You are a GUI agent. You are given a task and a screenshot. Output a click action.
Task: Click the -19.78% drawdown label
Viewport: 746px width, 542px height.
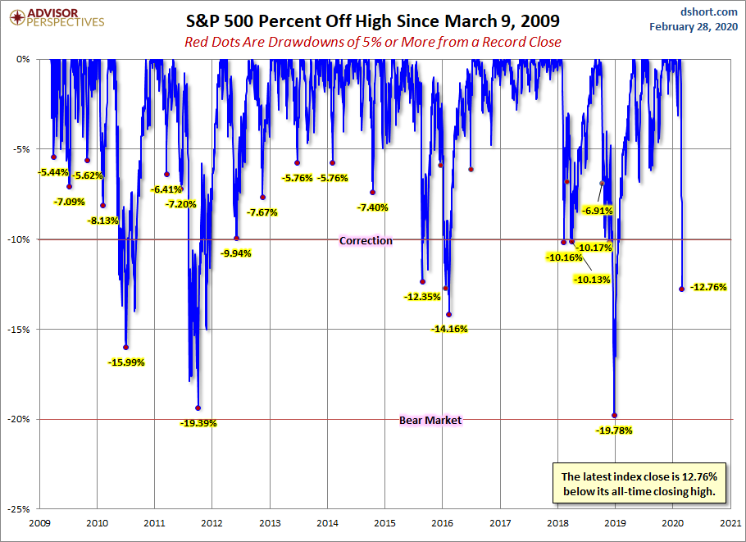[x=616, y=430]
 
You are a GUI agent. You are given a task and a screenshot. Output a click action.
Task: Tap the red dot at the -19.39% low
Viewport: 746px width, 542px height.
[x=198, y=408]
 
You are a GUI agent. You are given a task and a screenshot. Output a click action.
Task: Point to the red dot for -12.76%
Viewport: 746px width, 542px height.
[x=682, y=289]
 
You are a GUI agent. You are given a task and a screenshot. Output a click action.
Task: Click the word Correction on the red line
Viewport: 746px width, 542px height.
[x=366, y=240]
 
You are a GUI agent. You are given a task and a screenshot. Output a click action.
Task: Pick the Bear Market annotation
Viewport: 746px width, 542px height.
[x=430, y=420]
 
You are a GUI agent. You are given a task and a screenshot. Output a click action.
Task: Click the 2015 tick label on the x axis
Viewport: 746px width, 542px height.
[x=385, y=522]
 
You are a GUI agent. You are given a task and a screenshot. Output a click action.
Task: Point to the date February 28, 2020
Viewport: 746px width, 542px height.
[x=694, y=26]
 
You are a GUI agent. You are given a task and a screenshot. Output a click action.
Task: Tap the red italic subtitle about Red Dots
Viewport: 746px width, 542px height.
[x=373, y=42]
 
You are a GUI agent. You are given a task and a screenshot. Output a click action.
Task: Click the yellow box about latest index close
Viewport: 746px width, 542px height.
[x=639, y=484]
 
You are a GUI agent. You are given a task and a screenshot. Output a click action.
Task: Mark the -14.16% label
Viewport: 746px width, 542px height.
[x=451, y=329]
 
